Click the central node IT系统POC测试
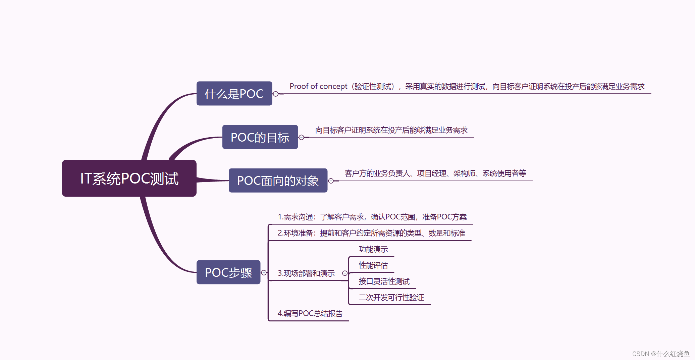[129, 178]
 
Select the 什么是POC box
[234, 94]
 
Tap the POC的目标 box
[260, 137]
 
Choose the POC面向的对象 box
[278, 181]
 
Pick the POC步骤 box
[228, 272]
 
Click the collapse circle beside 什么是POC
[276, 94]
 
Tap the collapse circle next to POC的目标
[301, 137]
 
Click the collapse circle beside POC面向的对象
[331, 181]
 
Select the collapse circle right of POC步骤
[264, 273]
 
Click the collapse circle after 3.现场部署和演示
[345, 273]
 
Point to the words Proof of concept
[318, 86]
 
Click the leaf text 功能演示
[373, 249]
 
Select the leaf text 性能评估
[373, 265]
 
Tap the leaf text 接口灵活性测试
[384, 281]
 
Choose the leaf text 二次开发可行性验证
[391, 298]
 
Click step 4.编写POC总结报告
[310, 313]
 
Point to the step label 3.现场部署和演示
[306, 273]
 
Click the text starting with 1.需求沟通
[372, 217]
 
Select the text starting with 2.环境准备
[371, 233]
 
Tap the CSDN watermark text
[660, 354]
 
